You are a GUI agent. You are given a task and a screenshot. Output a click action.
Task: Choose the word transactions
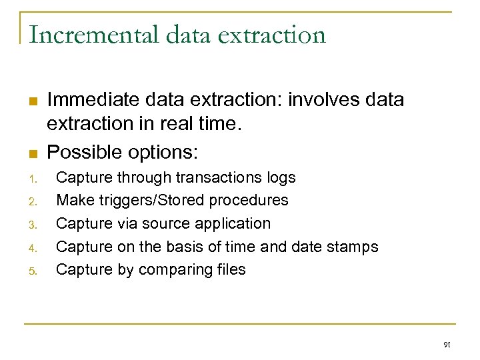click(219, 178)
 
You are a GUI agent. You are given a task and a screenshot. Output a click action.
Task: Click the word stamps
click(353, 247)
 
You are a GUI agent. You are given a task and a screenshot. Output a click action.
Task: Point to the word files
click(229, 269)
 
